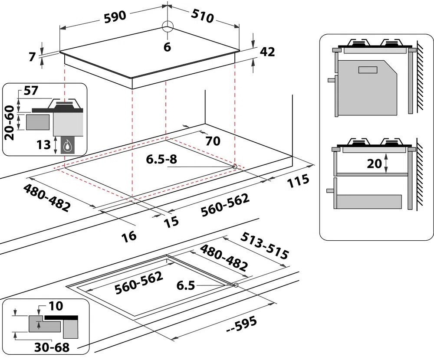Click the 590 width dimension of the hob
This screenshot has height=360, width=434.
115,16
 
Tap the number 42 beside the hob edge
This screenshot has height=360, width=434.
267,52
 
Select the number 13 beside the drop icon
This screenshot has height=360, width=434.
44,145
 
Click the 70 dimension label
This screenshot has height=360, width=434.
214,141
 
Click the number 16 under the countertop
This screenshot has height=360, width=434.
129,236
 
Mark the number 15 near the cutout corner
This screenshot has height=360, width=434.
171,221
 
